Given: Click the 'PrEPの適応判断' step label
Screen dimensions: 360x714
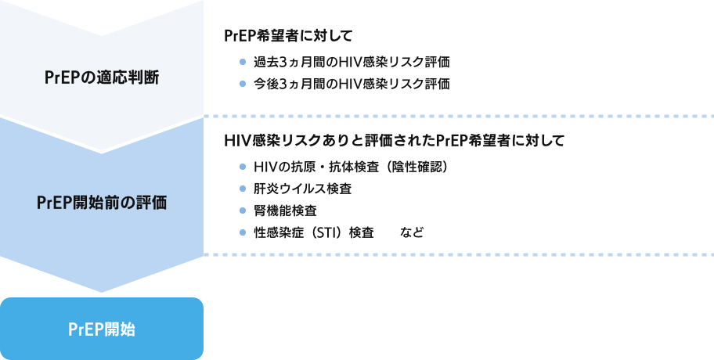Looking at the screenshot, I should (x=102, y=77).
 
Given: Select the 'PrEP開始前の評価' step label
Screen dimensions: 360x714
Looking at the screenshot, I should (x=102, y=202).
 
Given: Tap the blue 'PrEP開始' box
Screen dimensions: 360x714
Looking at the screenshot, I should (x=102, y=329).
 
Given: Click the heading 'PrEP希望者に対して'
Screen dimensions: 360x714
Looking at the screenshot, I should (x=289, y=36).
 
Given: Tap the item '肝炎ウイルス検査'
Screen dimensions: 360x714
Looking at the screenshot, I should (x=302, y=189).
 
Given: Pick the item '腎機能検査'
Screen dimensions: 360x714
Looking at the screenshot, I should (x=286, y=211).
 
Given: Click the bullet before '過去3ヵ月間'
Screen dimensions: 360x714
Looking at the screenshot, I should (x=243, y=62).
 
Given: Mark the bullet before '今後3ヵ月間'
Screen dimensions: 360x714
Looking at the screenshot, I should (x=243, y=84).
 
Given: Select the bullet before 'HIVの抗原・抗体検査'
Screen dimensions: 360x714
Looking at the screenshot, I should (x=243, y=167).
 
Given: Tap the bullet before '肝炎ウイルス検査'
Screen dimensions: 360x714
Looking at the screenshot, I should (x=243, y=189).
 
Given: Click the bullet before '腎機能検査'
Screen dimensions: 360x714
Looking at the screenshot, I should (x=243, y=211).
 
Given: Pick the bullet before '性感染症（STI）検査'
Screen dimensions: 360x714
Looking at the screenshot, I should (x=243, y=232).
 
